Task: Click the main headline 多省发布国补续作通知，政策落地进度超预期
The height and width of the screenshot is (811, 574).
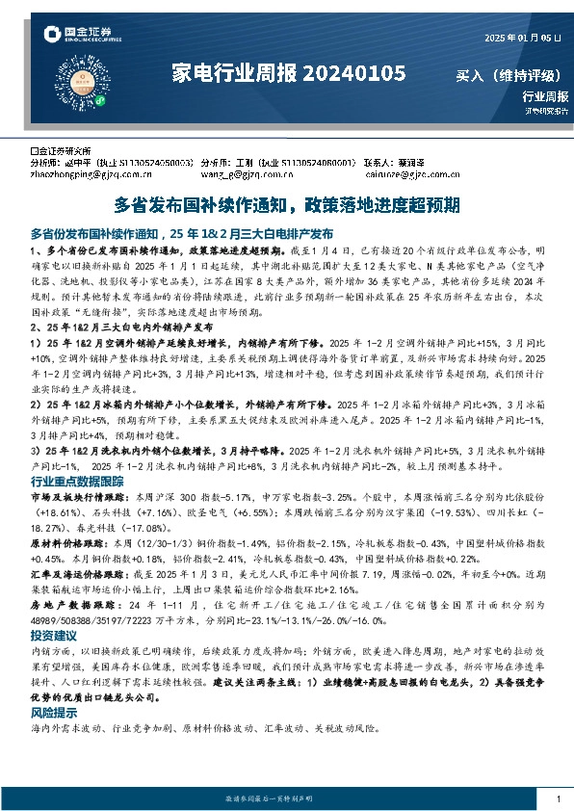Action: pos(287,205)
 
